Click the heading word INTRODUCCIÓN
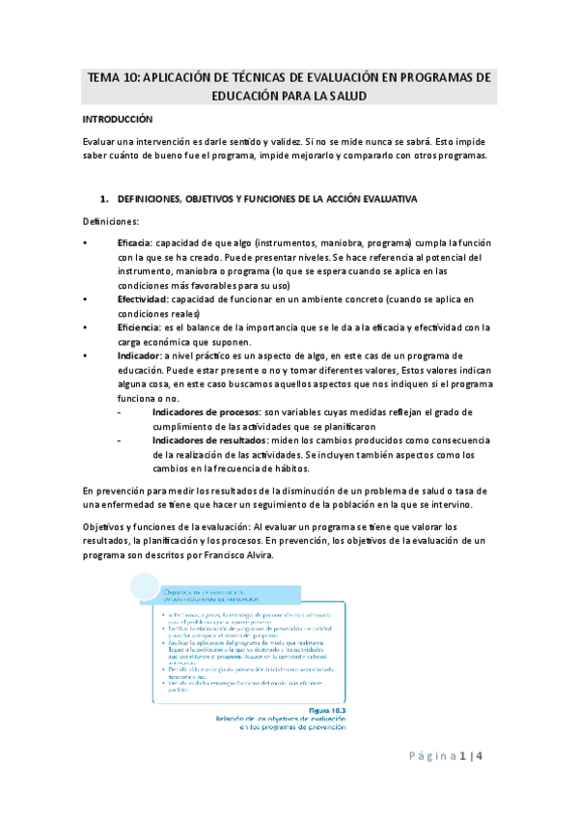[118, 120]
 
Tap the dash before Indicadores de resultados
[119, 440]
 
